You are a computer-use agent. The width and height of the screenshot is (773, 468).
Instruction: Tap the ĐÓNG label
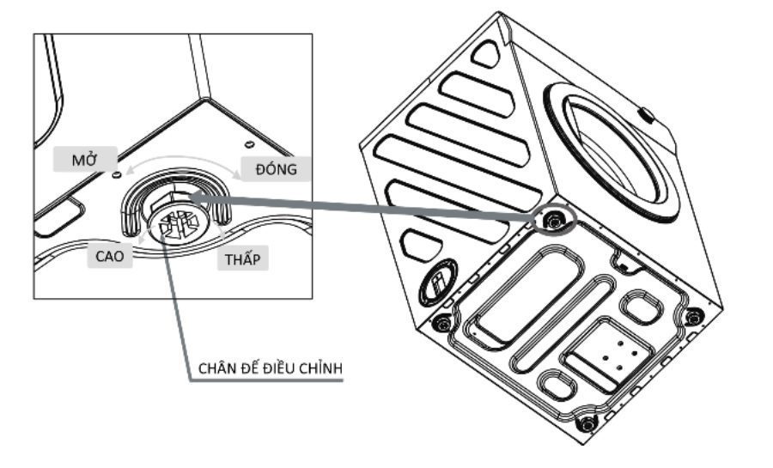coord(275,169)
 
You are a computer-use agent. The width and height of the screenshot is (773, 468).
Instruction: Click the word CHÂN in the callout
coord(217,368)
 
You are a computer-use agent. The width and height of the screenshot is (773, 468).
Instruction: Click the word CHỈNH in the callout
coord(321,368)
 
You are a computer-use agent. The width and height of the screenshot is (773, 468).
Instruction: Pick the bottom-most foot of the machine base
coord(587,423)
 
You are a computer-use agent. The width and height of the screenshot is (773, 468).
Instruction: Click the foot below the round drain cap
coord(442,324)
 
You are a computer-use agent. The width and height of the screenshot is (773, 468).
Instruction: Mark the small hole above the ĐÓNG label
coord(247,143)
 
